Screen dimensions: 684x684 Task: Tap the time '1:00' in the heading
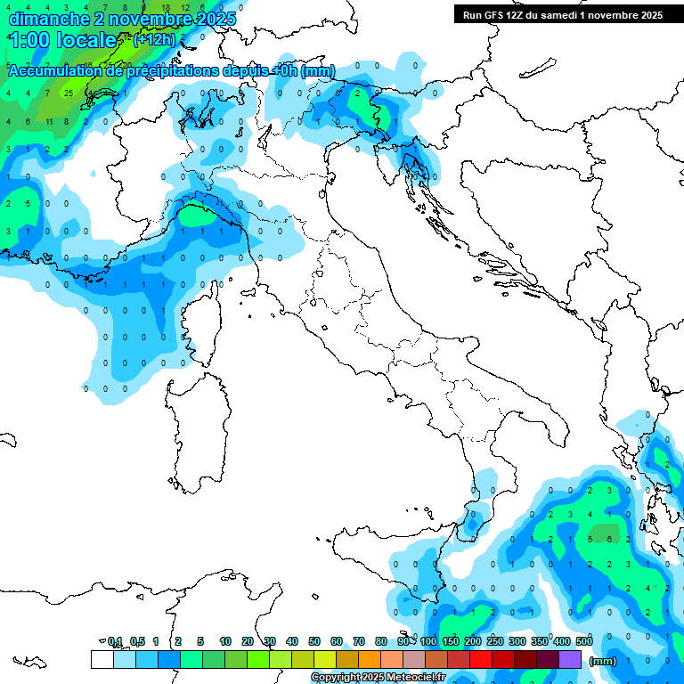tap(28, 40)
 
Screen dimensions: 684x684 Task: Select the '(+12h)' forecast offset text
tap(155, 40)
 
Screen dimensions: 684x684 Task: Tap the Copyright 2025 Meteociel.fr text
tap(378, 678)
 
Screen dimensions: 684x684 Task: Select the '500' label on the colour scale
tap(584, 641)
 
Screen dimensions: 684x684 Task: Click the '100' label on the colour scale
tap(428, 641)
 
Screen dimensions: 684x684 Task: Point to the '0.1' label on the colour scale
tap(114, 641)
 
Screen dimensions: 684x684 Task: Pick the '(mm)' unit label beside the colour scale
tap(603, 661)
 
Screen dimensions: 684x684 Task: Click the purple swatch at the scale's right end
tap(570, 660)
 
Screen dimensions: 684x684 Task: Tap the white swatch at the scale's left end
tap(102, 660)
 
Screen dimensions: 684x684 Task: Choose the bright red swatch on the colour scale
tap(481, 660)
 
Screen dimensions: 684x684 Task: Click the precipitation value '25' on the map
tap(68, 92)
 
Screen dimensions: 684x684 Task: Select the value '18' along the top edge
tap(165, 6)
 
